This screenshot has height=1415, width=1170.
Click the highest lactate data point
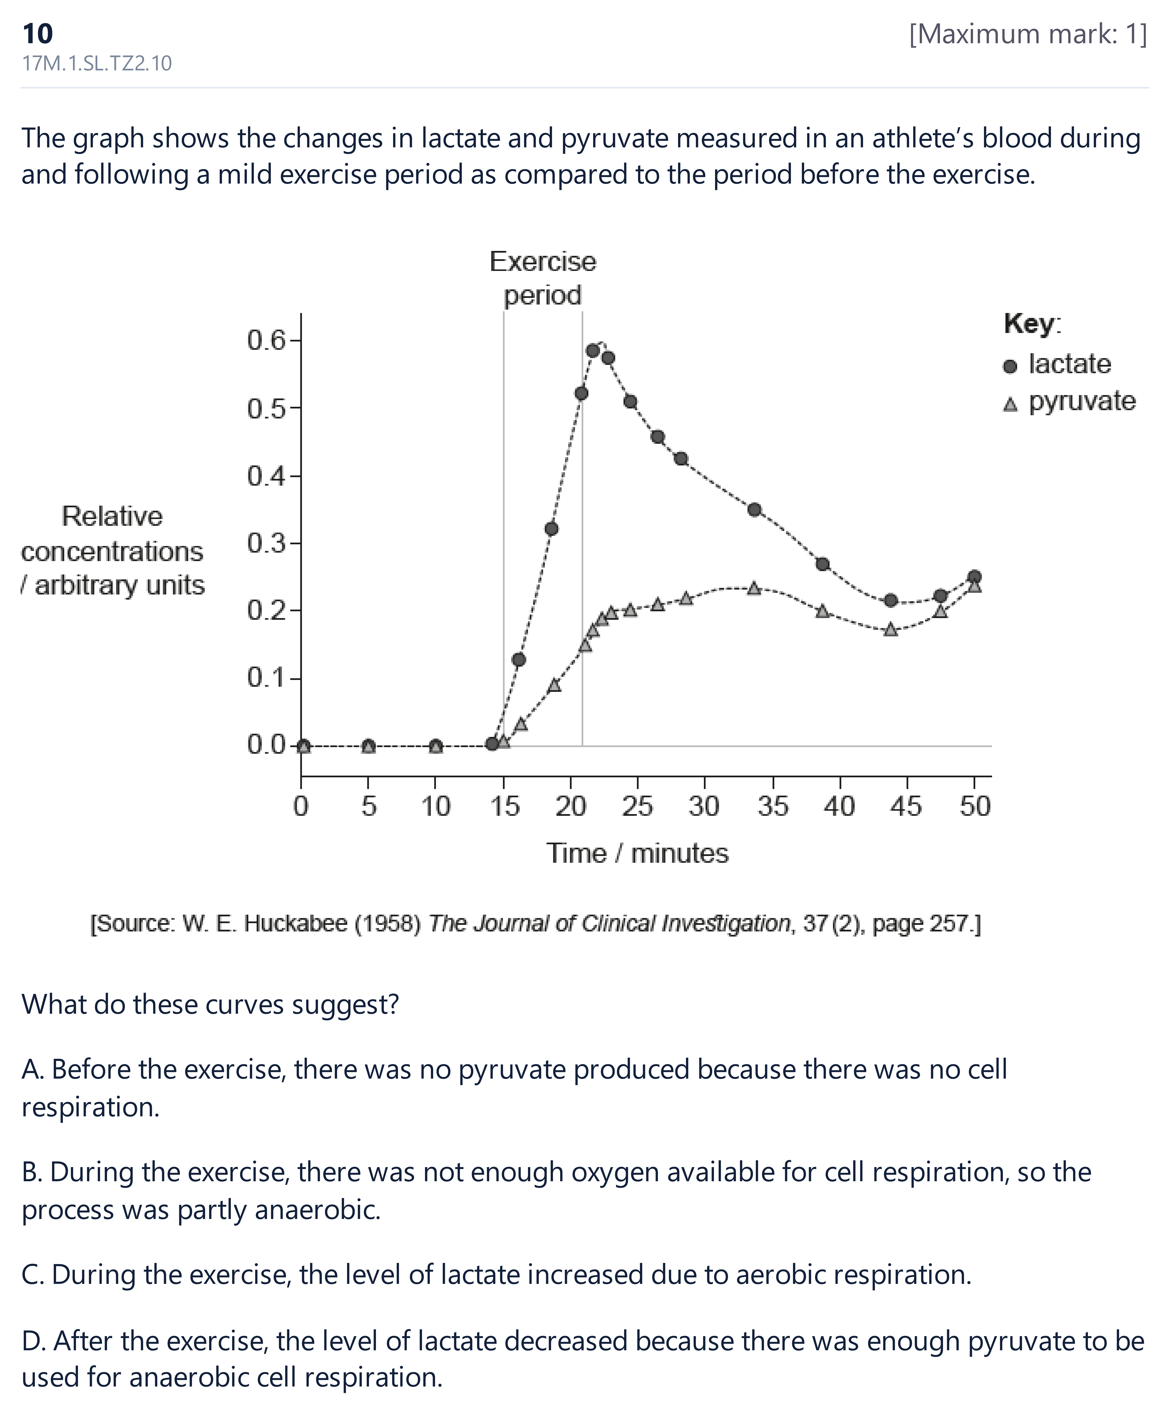(x=593, y=350)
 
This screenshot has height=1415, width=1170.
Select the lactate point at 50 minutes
(x=974, y=577)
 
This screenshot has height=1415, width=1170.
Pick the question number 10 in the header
(x=38, y=33)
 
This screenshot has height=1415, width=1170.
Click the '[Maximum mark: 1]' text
(x=1028, y=34)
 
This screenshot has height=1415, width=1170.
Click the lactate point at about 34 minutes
(x=755, y=509)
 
